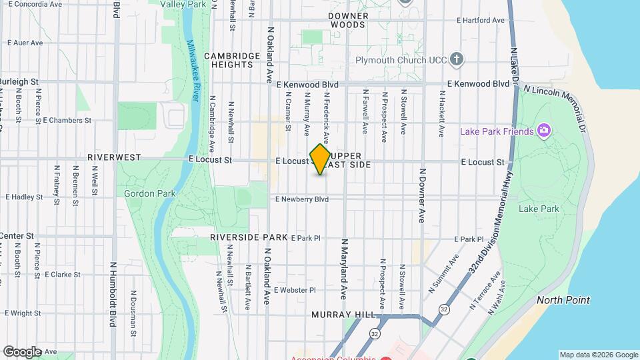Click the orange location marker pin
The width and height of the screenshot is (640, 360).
point(321,159)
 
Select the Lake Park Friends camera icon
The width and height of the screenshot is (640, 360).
point(545,131)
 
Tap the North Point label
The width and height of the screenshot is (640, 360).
point(563,300)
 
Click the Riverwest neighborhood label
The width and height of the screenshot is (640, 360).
point(114,157)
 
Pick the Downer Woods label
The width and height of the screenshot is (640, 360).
point(348,19)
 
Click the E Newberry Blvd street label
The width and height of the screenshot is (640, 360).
point(302,199)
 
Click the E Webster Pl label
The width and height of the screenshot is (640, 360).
point(293,290)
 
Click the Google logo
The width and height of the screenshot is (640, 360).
point(22,351)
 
